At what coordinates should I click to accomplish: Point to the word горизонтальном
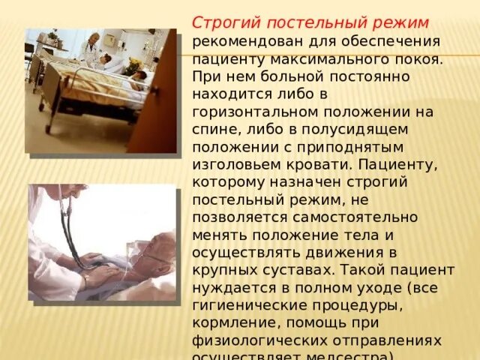(x=252, y=112)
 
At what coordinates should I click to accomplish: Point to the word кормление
(x=229, y=325)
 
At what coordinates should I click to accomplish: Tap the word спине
(x=213, y=130)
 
